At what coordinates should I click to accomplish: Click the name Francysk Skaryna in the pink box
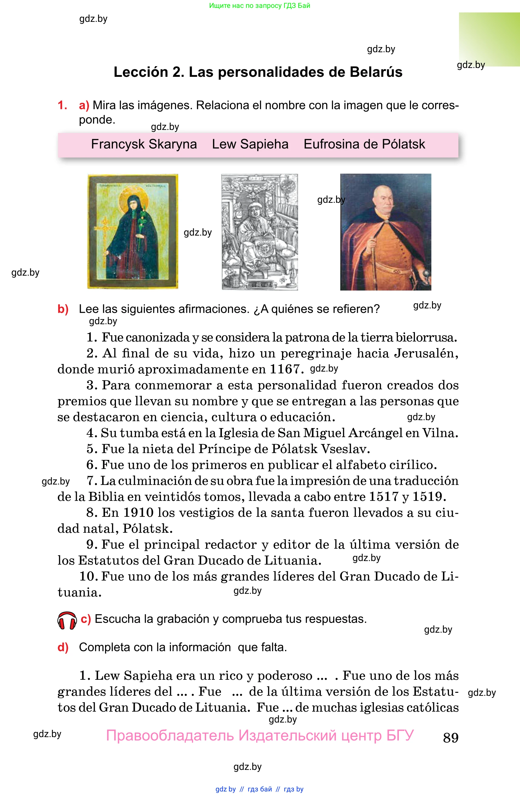[x=144, y=144]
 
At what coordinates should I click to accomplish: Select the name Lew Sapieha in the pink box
[x=250, y=144]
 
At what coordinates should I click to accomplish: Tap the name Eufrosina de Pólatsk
[x=364, y=144]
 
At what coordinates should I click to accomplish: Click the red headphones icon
[x=67, y=621]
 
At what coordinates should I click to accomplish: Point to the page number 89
[x=450, y=737]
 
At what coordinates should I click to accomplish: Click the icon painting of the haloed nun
[x=133, y=231]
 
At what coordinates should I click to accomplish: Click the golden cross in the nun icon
[x=105, y=234]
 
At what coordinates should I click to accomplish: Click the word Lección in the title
[x=141, y=72]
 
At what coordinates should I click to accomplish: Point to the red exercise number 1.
[x=62, y=105]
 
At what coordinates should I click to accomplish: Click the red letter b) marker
[x=63, y=309]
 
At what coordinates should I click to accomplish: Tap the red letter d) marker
[x=63, y=648]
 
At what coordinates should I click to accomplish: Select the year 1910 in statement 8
[x=138, y=512]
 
